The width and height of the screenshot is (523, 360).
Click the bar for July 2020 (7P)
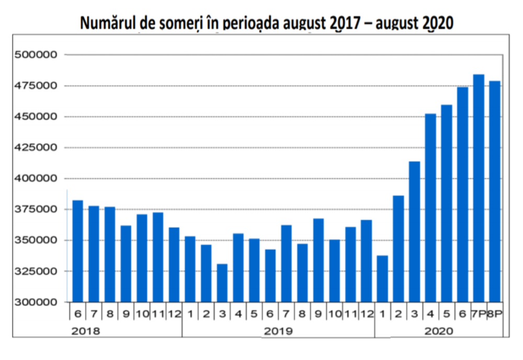pyautogui.click(x=479, y=188)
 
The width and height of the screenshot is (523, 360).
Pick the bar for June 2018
pyautogui.click(x=77, y=251)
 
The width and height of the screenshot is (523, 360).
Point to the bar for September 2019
pyautogui.click(x=319, y=260)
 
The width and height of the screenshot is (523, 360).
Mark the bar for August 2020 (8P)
pyautogui.click(x=495, y=192)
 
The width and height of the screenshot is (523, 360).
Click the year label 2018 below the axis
pyautogui.click(x=85, y=331)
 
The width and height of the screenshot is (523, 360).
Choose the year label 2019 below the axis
pyautogui.click(x=278, y=331)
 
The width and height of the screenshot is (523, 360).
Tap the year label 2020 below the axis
pyautogui.click(x=439, y=331)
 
